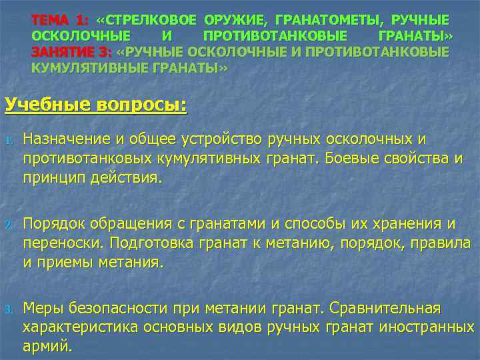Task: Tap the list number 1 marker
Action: (x=9, y=141)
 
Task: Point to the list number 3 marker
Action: (x=9, y=309)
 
